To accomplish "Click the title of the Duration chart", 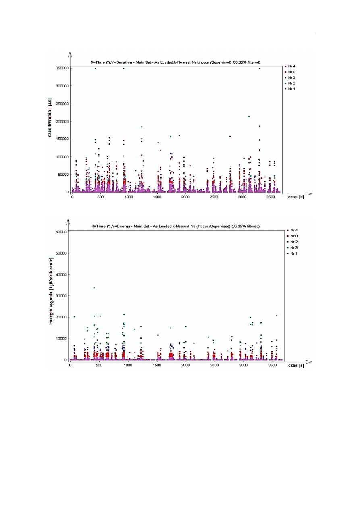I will point(176,62).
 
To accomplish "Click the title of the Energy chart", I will point(176,226).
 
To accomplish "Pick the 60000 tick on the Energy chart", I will point(61,232).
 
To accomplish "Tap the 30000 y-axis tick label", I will point(61,296).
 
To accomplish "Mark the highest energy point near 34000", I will point(94,288).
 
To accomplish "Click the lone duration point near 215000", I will point(249,116).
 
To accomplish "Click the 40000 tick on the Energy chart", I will point(61,274).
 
